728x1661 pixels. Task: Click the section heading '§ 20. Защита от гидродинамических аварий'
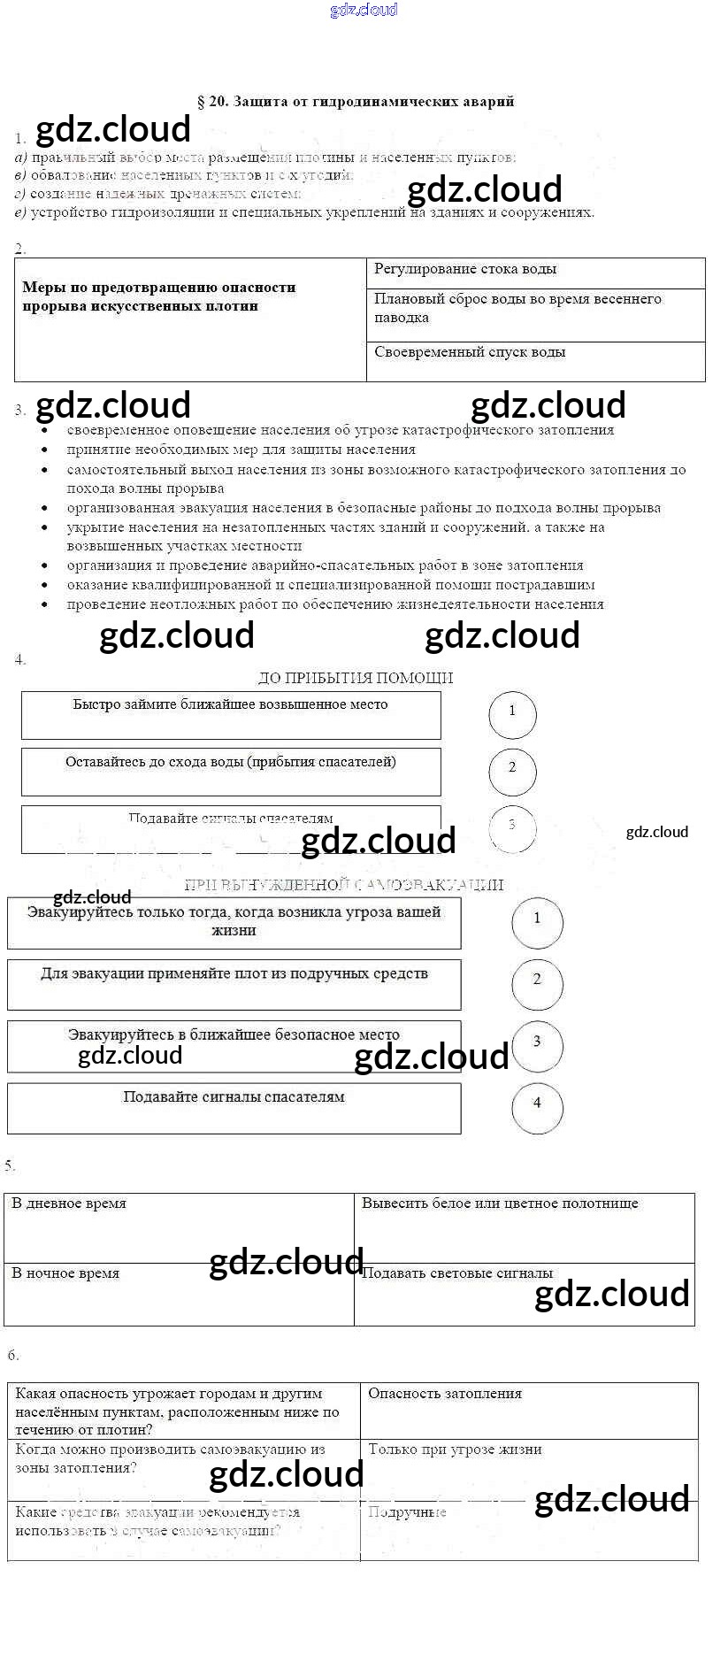tap(355, 102)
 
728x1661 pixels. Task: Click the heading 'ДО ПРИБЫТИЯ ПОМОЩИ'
tap(355, 678)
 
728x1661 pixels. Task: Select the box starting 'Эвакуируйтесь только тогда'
tap(234, 921)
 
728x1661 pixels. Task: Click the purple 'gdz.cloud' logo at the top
tap(364, 10)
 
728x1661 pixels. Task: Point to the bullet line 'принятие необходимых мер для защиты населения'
tap(241, 450)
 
